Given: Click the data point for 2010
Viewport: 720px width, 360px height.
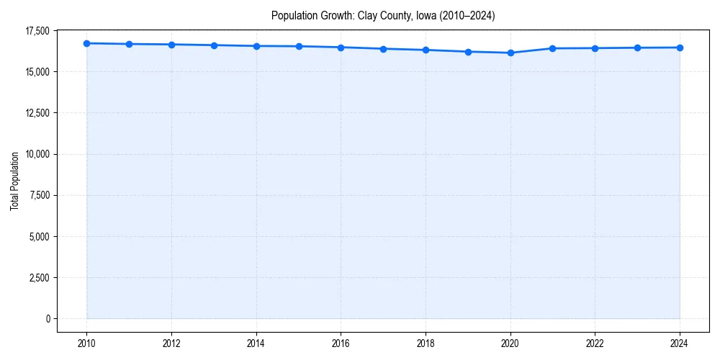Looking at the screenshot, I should tap(86, 43).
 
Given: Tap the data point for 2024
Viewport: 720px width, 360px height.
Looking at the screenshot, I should tap(680, 48).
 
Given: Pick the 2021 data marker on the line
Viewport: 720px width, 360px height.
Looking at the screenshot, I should tap(552, 48).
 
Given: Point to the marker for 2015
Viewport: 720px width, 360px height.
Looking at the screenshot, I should tap(299, 46).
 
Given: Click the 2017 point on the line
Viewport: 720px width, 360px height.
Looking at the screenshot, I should tap(383, 49).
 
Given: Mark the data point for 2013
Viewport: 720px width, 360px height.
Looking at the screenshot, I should tap(214, 45).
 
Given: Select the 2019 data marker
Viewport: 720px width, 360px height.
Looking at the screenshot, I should tap(468, 52).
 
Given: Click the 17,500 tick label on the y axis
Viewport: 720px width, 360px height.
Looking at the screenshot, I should tap(37, 31).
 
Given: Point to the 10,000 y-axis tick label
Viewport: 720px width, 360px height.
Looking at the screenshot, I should tap(37, 154).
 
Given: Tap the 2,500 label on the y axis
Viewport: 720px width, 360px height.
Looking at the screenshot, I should tap(39, 278).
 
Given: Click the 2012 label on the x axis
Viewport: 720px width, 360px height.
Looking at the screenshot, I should tap(171, 343).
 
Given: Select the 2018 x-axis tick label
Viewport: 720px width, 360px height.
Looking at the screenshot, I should tap(426, 343).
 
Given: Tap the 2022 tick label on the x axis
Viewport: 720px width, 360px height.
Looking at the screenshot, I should tap(595, 343).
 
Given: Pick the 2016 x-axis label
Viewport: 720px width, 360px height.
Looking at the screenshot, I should tap(341, 343).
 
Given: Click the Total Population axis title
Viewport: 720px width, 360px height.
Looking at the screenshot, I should tap(14, 181).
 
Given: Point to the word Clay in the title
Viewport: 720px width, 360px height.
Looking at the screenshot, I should tap(368, 15).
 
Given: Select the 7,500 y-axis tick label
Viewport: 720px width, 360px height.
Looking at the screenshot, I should tap(39, 195).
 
